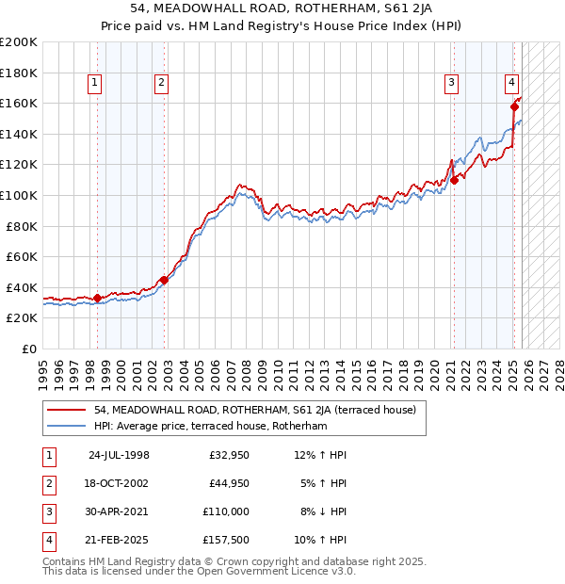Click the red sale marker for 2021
pyautogui.click(x=454, y=180)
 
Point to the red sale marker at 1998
pyautogui.click(x=97, y=298)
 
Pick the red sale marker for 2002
pyautogui.click(x=164, y=280)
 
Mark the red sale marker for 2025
pyautogui.click(x=514, y=106)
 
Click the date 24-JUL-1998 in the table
pyautogui.click(x=119, y=455)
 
